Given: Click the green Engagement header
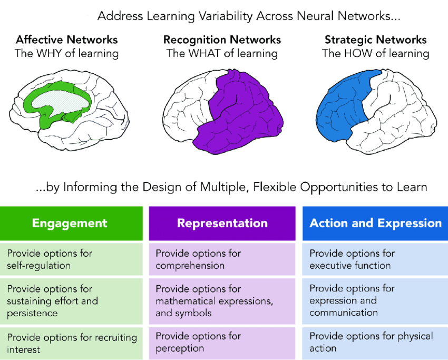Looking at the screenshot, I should tap(70, 223).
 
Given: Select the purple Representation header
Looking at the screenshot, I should tap(222, 223).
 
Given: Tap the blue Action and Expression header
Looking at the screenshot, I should tap(375, 223).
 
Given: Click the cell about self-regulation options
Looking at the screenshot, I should tap(71, 259).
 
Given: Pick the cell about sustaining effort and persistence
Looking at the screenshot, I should tap(71, 301).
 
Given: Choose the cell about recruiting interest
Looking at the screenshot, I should tap(71, 343).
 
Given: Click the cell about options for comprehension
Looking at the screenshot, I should tap(222, 259).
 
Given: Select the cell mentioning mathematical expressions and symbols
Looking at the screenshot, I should tap(222, 301).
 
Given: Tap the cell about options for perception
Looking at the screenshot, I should tap(222, 343).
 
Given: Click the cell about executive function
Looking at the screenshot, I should tap(375, 259).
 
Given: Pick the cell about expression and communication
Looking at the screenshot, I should tap(375, 301).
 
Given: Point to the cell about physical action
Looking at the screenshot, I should tap(375, 343).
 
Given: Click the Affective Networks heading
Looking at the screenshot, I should tap(67, 40).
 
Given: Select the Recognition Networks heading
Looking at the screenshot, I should tap(222, 40).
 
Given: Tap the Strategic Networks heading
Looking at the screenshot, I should tap(375, 40).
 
